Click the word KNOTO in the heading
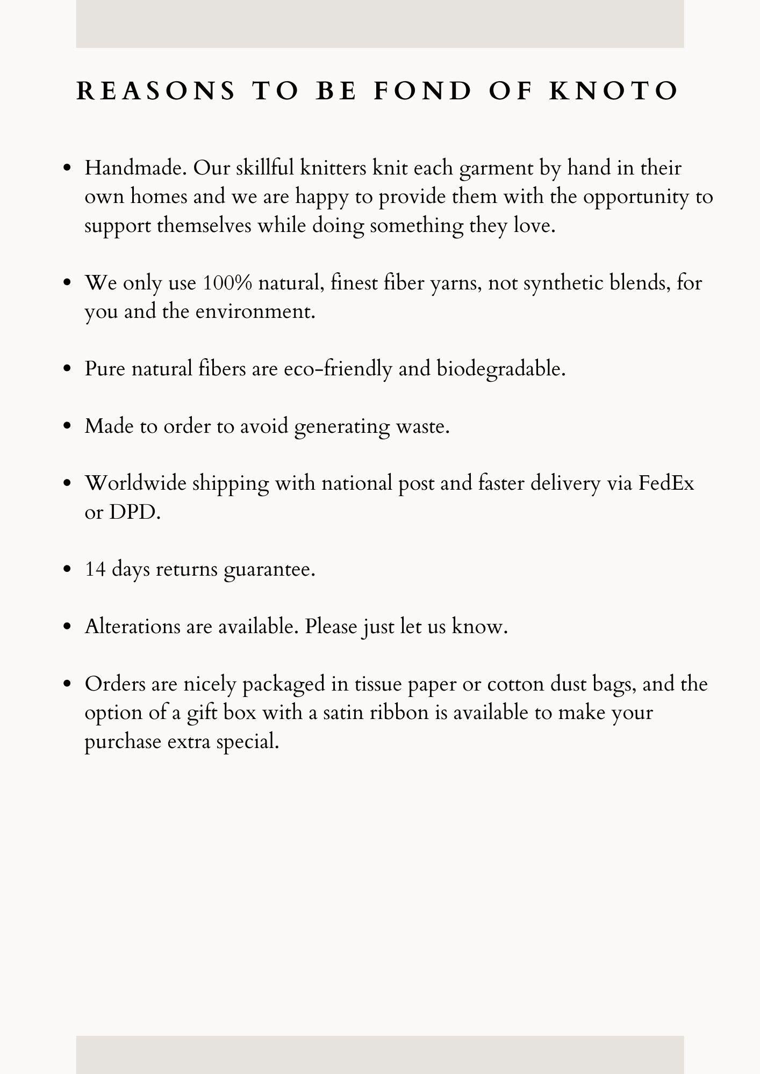point(614,91)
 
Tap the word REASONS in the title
point(156,91)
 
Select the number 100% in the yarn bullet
point(227,283)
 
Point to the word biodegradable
point(501,369)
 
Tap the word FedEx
point(666,483)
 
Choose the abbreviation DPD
point(135,512)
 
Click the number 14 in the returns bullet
point(95,569)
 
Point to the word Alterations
point(133,627)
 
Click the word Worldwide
point(135,483)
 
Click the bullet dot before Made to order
point(67,426)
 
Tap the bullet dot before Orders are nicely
point(67,684)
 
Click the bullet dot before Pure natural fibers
point(67,369)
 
